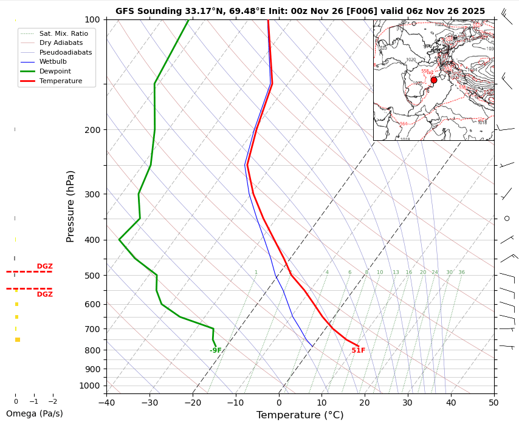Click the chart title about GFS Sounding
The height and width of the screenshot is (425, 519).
pyautogui.click(x=300, y=11)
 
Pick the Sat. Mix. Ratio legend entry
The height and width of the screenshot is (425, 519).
pyautogui.click(x=63, y=33)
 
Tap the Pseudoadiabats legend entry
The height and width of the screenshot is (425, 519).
pyautogui.click(x=65, y=52)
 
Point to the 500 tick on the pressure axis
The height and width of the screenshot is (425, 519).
pyautogui.click(x=92, y=276)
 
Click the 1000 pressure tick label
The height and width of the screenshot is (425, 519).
pyautogui.click(x=90, y=386)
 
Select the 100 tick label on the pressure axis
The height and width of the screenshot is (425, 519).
pyautogui.click(x=92, y=20)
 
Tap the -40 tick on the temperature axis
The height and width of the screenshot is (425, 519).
pyautogui.click(x=106, y=402)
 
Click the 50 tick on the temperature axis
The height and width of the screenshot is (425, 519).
pyautogui.click(x=493, y=402)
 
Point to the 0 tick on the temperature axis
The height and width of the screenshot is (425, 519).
pyautogui.click(x=279, y=402)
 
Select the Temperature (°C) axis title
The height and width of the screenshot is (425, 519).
pyautogui.click(x=300, y=415)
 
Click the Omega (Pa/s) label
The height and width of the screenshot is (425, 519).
pyautogui.click(x=34, y=414)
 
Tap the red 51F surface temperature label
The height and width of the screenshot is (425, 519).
pyautogui.click(x=359, y=350)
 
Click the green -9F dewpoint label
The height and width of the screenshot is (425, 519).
pyautogui.click(x=216, y=350)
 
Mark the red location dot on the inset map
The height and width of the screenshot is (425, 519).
pyautogui.click(x=433, y=80)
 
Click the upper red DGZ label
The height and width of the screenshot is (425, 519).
pyautogui.click(x=44, y=267)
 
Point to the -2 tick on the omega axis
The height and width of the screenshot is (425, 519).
pyautogui.click(x=52, y=401)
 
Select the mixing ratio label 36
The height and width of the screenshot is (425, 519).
pyautogui.click(x=461, y=273)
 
